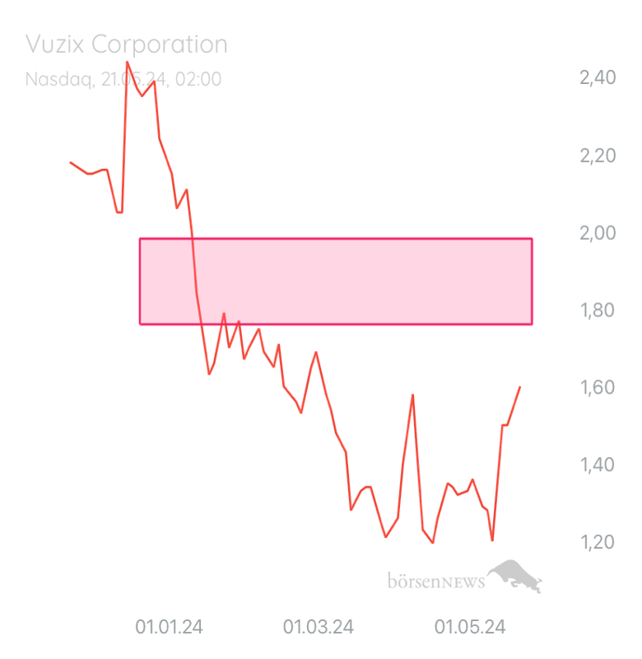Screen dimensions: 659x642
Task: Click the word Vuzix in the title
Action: coord(54,44)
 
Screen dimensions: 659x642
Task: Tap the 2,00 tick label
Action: coord(598,233)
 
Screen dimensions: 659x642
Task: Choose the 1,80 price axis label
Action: coord(598,311)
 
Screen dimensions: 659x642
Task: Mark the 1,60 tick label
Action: coord(598,388)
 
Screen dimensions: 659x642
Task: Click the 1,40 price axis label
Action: coord(598,465)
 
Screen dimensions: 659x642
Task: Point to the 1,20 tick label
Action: coord(598,543)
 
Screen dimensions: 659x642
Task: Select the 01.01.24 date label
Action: coord(169,628)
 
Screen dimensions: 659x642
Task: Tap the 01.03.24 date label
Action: coord(319,628)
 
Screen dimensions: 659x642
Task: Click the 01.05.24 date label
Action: coord(470,628)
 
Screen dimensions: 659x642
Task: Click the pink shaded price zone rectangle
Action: coord(336,281)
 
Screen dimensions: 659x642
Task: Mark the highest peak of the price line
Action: coord(127,61)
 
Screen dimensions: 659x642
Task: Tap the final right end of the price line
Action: coord(520,386)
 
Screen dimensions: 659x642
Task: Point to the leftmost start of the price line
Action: coord(70,161)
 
